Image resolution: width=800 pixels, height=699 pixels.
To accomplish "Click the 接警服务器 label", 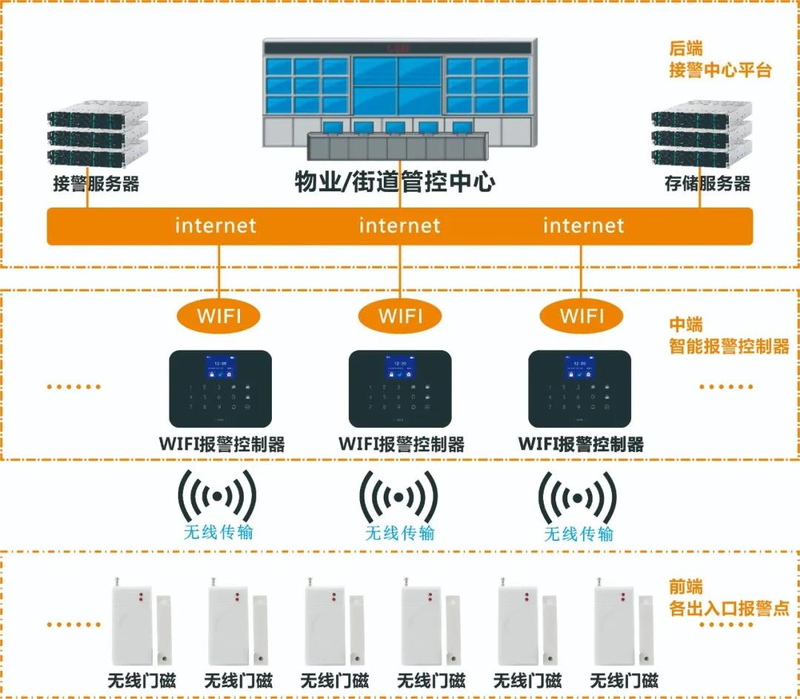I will pos(96,184).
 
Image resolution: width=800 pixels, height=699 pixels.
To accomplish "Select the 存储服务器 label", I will pos(707,184).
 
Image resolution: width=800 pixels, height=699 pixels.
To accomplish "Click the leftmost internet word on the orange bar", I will pos(216,225).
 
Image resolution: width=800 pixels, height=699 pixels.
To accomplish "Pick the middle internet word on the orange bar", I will pos(399,225).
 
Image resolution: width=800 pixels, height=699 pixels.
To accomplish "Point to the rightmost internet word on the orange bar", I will pos(584,225).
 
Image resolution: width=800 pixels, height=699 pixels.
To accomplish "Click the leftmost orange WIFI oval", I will pos(219,316).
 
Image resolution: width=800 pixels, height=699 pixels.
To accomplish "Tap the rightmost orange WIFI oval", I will pos(581,316).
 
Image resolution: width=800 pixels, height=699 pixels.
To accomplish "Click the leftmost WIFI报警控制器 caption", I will pos(221,445).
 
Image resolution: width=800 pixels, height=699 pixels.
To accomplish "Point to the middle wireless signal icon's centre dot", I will pos(399,497).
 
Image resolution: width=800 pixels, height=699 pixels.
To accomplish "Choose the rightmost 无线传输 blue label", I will pos(579,534).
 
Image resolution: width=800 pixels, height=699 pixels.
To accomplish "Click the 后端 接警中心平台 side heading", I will pos(719,60).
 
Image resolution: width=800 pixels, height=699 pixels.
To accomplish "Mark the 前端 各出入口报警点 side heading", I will pos(725,599).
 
